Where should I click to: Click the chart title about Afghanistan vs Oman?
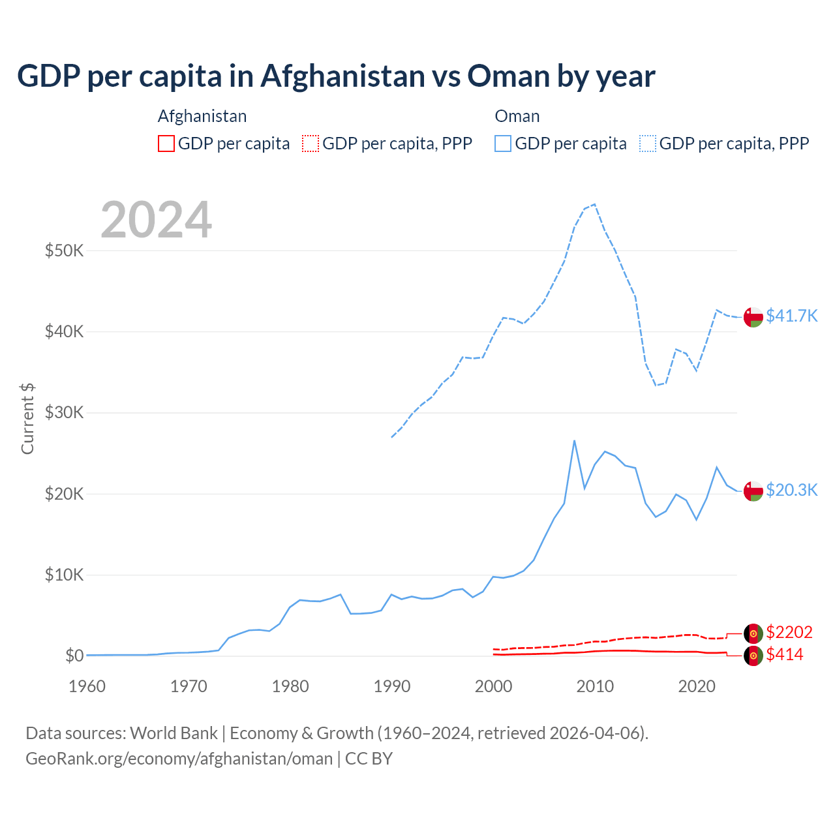pyautogui.click(x=336, y=76)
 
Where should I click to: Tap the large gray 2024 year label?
pyautogui.click(x=157, y=220)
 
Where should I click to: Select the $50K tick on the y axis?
pyautogui.click(x=64, y=250)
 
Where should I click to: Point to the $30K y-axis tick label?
pyautogui.click(x=64, y=413)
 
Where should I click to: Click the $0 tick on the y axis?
pyautogui.click(x=74, y=656)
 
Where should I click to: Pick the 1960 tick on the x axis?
pyautogui.click(x=87, y=686)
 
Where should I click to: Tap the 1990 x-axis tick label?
pyautogui.click(x=392, y=686)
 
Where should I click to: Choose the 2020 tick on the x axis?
pyautogui.click(x=697, y=686)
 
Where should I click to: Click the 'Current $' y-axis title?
pyautogui.click(x=27, y=418)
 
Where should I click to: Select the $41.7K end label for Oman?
pyautogui.click(x=791, y=316)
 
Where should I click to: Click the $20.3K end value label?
pyautogui.click(x=791, y=490)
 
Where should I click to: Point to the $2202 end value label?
pyautogui.click(x=789, y=632)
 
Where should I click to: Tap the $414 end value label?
pyautogui.click(x=785, y=654)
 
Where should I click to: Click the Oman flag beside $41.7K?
pyautogui.click(x=753, y=316)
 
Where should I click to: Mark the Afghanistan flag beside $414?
pyautogui.click(x=753, y=656)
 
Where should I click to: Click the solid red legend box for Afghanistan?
pyautogui.click(x=166, y=144)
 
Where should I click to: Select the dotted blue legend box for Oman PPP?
pyautogui.click(x=648, y=144)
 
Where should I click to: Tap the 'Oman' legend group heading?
pyautogui.click(x=517, y=116)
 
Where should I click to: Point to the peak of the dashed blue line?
pyautogui.click(x=594, y=204)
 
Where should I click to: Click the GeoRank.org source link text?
pyautogui.click(x=179, y=759)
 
